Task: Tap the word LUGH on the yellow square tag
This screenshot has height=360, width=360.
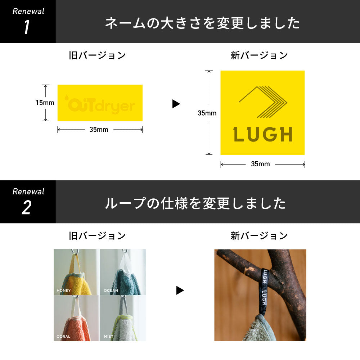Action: pyautogui.click(x=262, y=135)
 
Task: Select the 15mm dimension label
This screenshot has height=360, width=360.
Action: pyautogui.click(x=45, y=103)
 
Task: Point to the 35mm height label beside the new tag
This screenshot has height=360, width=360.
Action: pyautogui.click(x=207, y=113)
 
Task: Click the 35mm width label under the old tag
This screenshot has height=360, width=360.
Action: pyautogui.click(x=99, y=130)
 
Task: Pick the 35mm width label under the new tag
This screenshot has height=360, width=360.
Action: pyautogui.click(x=260, y=164)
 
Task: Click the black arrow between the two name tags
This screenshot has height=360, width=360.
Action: pyautogui.click(x=176, y=104)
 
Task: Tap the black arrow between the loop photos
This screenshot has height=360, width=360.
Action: pyautogui.click(x=180, y=291)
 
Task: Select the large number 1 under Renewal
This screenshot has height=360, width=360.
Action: pyautogui.click(x=26, y=28)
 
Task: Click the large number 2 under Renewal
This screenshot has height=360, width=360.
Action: pyautogui.click(x=26, y=208)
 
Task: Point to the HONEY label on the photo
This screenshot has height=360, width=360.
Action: pyautogui.click(x=64, y=291)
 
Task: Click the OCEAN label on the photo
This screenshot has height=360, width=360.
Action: pyautogui.click(x=111, y=291)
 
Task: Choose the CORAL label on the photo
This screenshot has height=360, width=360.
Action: pyautogui.click(x=63, y=337)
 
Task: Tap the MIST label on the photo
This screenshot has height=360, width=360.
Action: pyautogui.click(x=108, y=337)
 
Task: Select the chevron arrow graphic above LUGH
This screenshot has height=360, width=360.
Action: pyautogui.click(x=263, y=102)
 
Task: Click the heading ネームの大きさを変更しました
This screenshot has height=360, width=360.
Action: pyautogui.click(x=202, y=23)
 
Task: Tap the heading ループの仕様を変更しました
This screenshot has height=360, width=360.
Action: pyautogui.click(x=195, y=204)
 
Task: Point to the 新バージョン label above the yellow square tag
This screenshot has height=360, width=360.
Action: pyautogui.click(x=259, y=55)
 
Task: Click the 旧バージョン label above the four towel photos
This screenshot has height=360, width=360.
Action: pyautogui.click(x=97, y=236)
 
